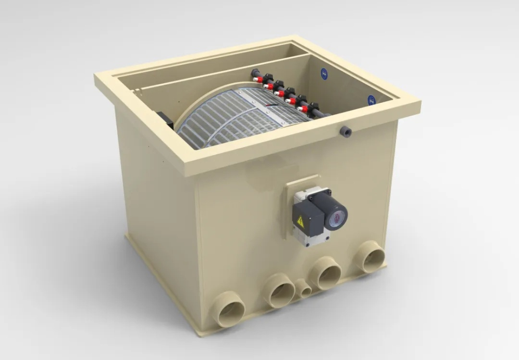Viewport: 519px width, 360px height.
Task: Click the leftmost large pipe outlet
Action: pyautogui.click(x=229, y=310)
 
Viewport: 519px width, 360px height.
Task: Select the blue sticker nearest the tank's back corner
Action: pyautogui.click(x=324, y=74)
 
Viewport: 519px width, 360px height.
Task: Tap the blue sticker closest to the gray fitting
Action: pyautogui.click(x=372, y=100)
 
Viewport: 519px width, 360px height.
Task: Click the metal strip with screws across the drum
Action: pyautogui.click(x=270, y=106)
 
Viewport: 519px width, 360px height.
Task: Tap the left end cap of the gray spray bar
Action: pyautogui.click(x=254, y=72)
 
